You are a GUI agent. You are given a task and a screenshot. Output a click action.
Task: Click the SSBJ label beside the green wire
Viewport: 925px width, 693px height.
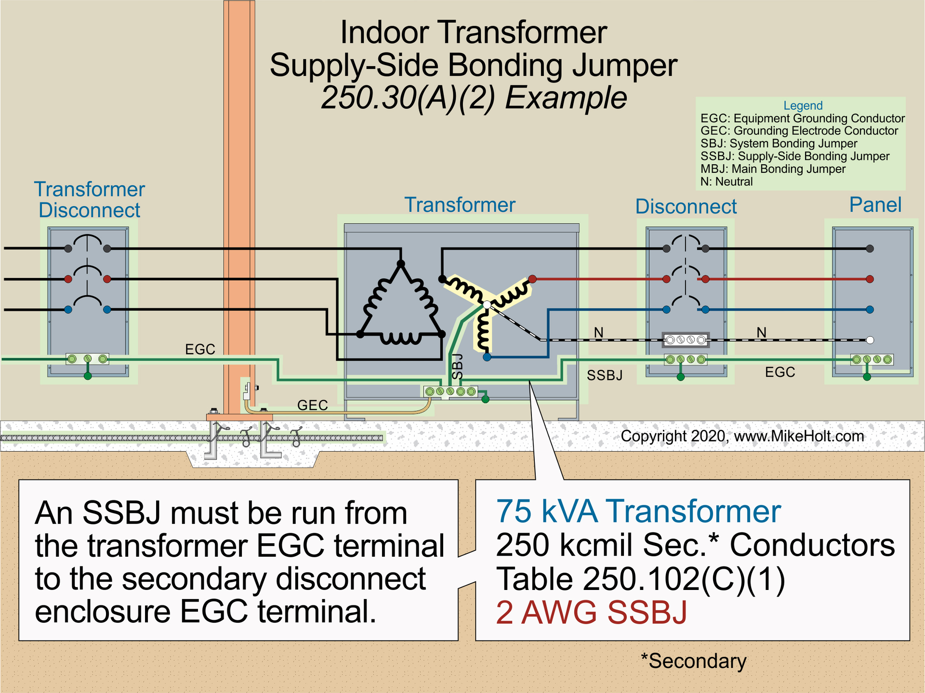pos(604,376)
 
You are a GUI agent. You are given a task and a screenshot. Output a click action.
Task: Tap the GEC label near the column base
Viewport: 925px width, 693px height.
pos(312,405)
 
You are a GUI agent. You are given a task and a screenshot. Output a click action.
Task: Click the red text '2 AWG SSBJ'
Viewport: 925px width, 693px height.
pos(591,613)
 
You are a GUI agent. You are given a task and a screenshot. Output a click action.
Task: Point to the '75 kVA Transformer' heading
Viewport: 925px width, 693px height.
pos(638,511)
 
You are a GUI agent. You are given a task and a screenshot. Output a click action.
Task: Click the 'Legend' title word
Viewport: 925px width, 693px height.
pos(803,105)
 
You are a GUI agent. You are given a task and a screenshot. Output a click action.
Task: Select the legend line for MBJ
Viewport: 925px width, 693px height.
pos(773,169)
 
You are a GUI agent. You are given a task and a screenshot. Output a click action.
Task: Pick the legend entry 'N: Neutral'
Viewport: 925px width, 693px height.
pos(726,182)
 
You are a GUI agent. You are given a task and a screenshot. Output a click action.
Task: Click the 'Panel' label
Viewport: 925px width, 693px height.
pos(875,205)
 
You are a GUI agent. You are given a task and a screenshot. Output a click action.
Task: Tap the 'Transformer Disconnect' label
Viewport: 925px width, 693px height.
pos(89,200)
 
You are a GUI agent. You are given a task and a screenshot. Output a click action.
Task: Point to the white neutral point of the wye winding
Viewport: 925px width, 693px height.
pos(487,305)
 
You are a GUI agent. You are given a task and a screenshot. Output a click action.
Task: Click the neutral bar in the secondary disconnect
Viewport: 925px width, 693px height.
pos(685,340)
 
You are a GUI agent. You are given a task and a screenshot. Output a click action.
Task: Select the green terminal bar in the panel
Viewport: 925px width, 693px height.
pos(872,359)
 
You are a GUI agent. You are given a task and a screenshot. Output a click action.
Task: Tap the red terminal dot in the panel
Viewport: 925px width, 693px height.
pos(870,279)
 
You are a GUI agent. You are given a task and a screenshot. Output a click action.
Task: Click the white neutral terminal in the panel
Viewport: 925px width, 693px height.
pos(870,340)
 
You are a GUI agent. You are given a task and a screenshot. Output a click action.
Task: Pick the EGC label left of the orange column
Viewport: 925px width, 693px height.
pos(200,349)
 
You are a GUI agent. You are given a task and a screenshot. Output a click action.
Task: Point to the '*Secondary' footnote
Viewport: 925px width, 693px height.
pos(693,661)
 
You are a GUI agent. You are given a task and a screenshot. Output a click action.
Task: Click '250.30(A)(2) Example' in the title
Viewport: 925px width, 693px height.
pos(474,98)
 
